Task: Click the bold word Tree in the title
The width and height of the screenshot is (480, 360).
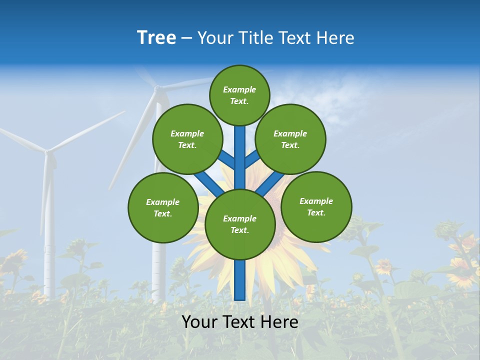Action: pyautogui.click(x=156, y=38)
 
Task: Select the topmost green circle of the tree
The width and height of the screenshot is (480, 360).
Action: pyautogui.click(x=239, y=95)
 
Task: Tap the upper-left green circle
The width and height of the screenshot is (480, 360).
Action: pyautogui.click(x=187, y=139)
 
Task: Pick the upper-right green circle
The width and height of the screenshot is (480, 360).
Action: pyautogui.click(x=290, y=139)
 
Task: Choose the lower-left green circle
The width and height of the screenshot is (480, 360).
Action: pyautogui.click(x=162, y=207)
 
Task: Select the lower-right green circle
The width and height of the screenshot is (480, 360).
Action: pyautogui.click(x=316, y=206)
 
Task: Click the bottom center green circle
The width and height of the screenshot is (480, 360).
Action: pyautogui.click(x=239, y=224)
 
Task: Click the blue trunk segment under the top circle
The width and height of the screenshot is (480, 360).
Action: pyautogui.click(x=239, y=150)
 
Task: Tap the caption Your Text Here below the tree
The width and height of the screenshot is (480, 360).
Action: pyautogui.click(x=239, y=322)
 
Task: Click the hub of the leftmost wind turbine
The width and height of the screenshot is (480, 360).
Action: pyautogui.click(x=47, y=150)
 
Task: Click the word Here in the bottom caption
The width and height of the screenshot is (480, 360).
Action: pyautogui.click(x=278, y=322)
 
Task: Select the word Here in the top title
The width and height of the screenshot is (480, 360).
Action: pyautogui.click(x=335, y=38)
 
